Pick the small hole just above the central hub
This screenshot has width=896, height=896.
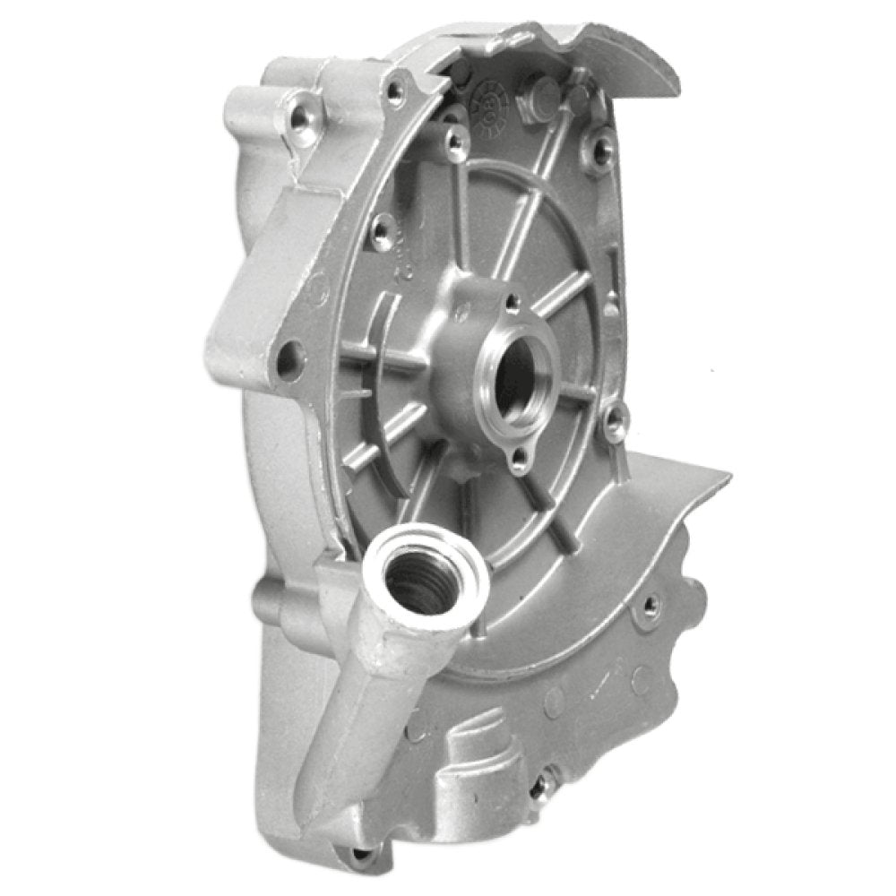[512, 303]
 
